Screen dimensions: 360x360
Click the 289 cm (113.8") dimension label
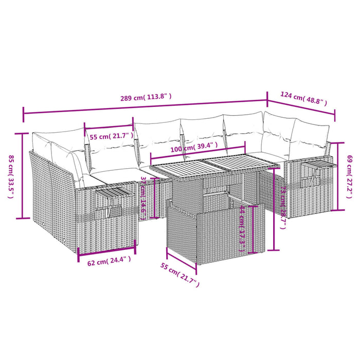pos(146,96)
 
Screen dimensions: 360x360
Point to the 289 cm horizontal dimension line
pos(146,106)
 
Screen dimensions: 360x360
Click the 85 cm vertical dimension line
pos(23,175)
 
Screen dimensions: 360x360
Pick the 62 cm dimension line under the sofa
pos(107,250)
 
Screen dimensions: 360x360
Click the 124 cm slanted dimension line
pos(301,106)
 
